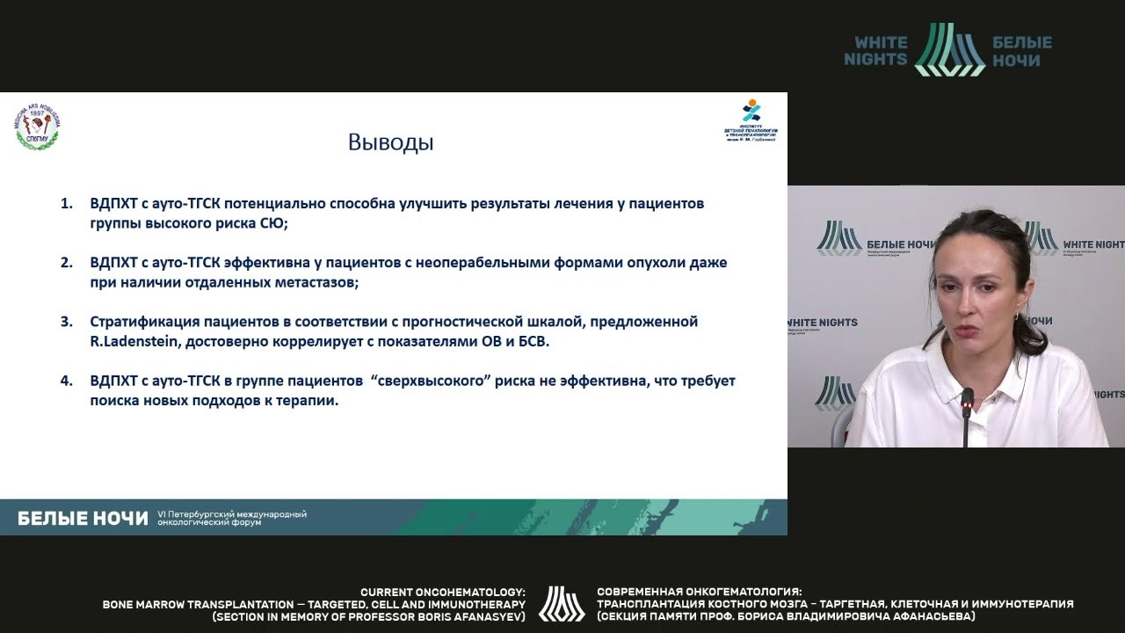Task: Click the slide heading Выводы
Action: [x=390, y=142]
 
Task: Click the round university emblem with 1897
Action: [x=36, y=128]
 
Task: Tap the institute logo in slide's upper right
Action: [x=751, y=121]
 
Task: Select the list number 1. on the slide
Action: [x=66, y=203]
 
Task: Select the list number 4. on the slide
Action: [x=66, y=381]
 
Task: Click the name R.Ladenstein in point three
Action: [x=133, y=341]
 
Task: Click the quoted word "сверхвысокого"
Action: [x=430, y=381]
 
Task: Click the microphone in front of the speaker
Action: [x=967, y=404]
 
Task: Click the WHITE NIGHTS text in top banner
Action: [x=875, y=51]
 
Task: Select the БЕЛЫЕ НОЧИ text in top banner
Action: [x=1021, y=51]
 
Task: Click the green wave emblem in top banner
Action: [x=949, y=49]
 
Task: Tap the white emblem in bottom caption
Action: [x=562, y=604]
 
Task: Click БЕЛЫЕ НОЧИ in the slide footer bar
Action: [x=83, y=519]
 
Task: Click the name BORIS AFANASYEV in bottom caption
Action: [x=466, y=616]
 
